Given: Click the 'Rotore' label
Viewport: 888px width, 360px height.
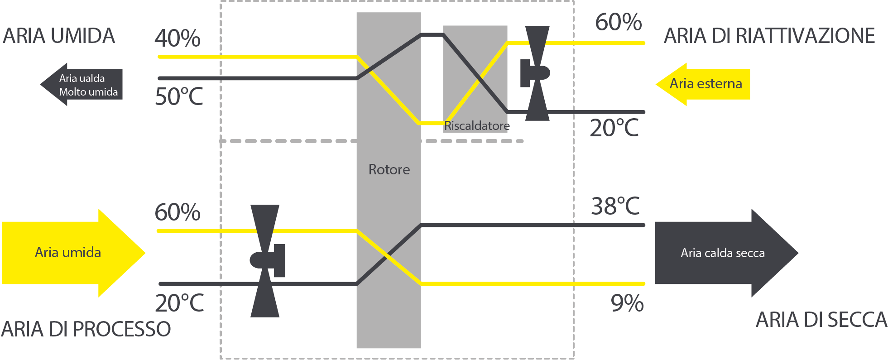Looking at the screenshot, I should point(389,169).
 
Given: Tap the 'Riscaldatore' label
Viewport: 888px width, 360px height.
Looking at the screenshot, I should point(477,125).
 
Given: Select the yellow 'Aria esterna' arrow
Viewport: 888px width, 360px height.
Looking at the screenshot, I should point(703,84).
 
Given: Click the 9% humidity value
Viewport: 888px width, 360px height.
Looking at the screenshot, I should point(627,303).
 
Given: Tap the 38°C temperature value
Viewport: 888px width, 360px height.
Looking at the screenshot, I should point(615,206).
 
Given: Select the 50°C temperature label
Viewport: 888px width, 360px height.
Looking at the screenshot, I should point(179,96).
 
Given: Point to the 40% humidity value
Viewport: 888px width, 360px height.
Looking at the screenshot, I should point(178,38).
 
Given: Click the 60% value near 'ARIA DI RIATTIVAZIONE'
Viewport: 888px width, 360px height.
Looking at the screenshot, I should point(618,22).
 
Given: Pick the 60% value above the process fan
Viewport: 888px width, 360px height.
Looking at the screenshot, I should point(178,212).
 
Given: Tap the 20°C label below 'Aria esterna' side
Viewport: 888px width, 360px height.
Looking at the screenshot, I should point(614,128).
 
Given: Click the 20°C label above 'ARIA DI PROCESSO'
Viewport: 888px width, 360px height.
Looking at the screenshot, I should point(179,303).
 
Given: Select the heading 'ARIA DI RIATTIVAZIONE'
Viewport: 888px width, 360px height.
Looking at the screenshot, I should point(769,36).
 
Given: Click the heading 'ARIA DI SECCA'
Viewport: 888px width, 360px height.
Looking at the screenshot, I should point(821,320).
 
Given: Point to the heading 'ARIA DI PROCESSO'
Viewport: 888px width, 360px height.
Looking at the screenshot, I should point(86,329).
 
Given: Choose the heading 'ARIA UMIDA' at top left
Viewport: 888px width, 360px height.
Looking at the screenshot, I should point(59,36).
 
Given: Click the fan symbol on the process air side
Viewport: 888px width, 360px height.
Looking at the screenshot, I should point(266,261).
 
